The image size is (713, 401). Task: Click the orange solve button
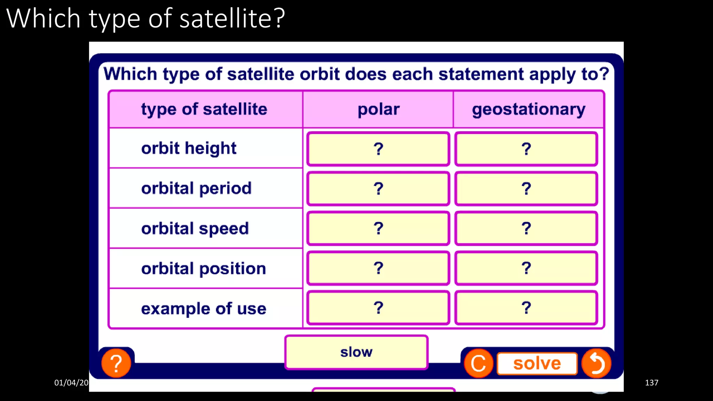537,364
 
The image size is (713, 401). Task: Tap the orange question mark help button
116,363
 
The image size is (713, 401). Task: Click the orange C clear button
479,363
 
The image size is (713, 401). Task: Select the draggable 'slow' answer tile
356,352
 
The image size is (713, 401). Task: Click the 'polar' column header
378,109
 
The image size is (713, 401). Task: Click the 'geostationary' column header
528,109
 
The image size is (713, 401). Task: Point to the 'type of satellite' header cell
204,109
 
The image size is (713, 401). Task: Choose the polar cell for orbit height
378,149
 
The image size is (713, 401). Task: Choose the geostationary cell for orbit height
526,149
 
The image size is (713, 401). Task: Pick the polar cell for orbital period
378,189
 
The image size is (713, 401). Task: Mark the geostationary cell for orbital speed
526,228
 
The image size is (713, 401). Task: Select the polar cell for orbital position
378,268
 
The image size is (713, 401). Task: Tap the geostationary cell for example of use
526,308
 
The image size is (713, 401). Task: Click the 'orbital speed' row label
195,229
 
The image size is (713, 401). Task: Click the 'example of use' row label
204,309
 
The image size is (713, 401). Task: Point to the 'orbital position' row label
204,269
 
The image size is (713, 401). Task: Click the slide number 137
651,383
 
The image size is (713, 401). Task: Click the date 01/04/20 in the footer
71,383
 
